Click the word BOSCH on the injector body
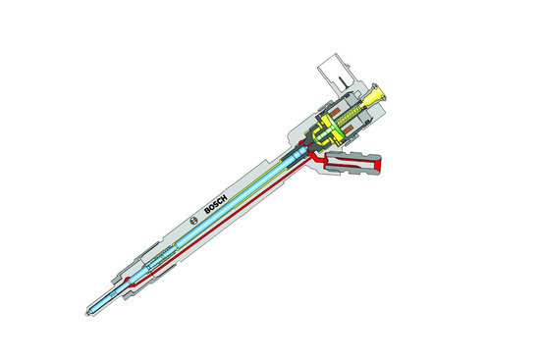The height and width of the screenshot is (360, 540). click(x=216, y=204)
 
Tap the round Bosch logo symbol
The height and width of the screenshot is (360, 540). click(x=193, y=221)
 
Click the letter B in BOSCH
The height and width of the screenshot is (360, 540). click(x=208, y=210)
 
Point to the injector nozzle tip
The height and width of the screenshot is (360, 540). click(x=86, y=314)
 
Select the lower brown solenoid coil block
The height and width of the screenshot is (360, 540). click(x=348, y=130)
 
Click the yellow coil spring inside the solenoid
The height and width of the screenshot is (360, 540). click(x=349, y=116)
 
